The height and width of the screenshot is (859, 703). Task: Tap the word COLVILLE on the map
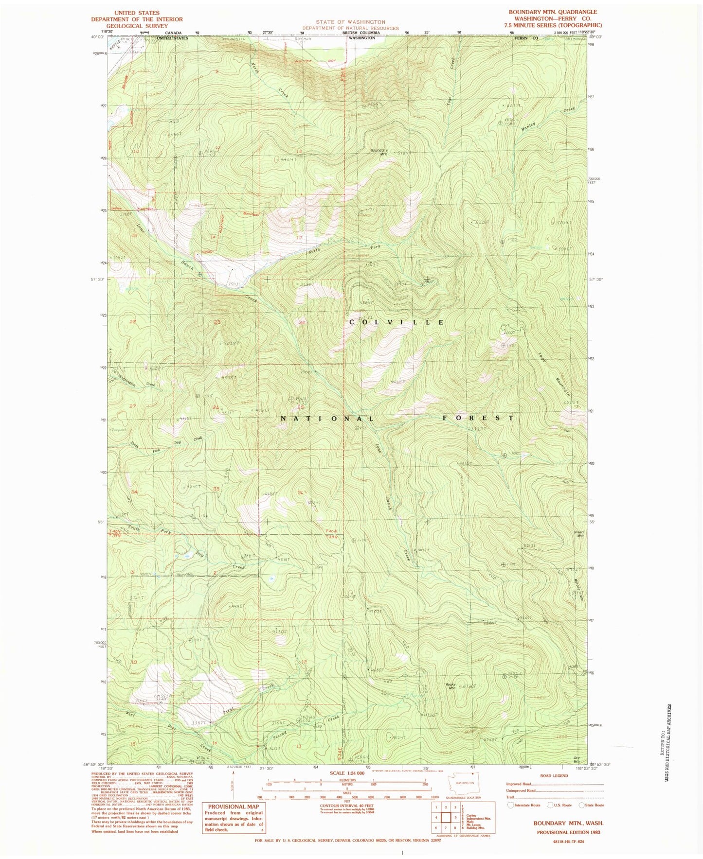point(397,322)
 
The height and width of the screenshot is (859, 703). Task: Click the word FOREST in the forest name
point(478,418)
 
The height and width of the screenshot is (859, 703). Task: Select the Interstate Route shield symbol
point(510,805)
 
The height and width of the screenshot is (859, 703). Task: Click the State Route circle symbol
point(581,805)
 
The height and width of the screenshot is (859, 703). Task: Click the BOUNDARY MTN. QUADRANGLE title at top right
point(553,12)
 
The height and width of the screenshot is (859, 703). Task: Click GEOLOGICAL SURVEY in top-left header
point(138,26)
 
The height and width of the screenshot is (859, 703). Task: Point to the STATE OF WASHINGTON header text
point(350,22)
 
